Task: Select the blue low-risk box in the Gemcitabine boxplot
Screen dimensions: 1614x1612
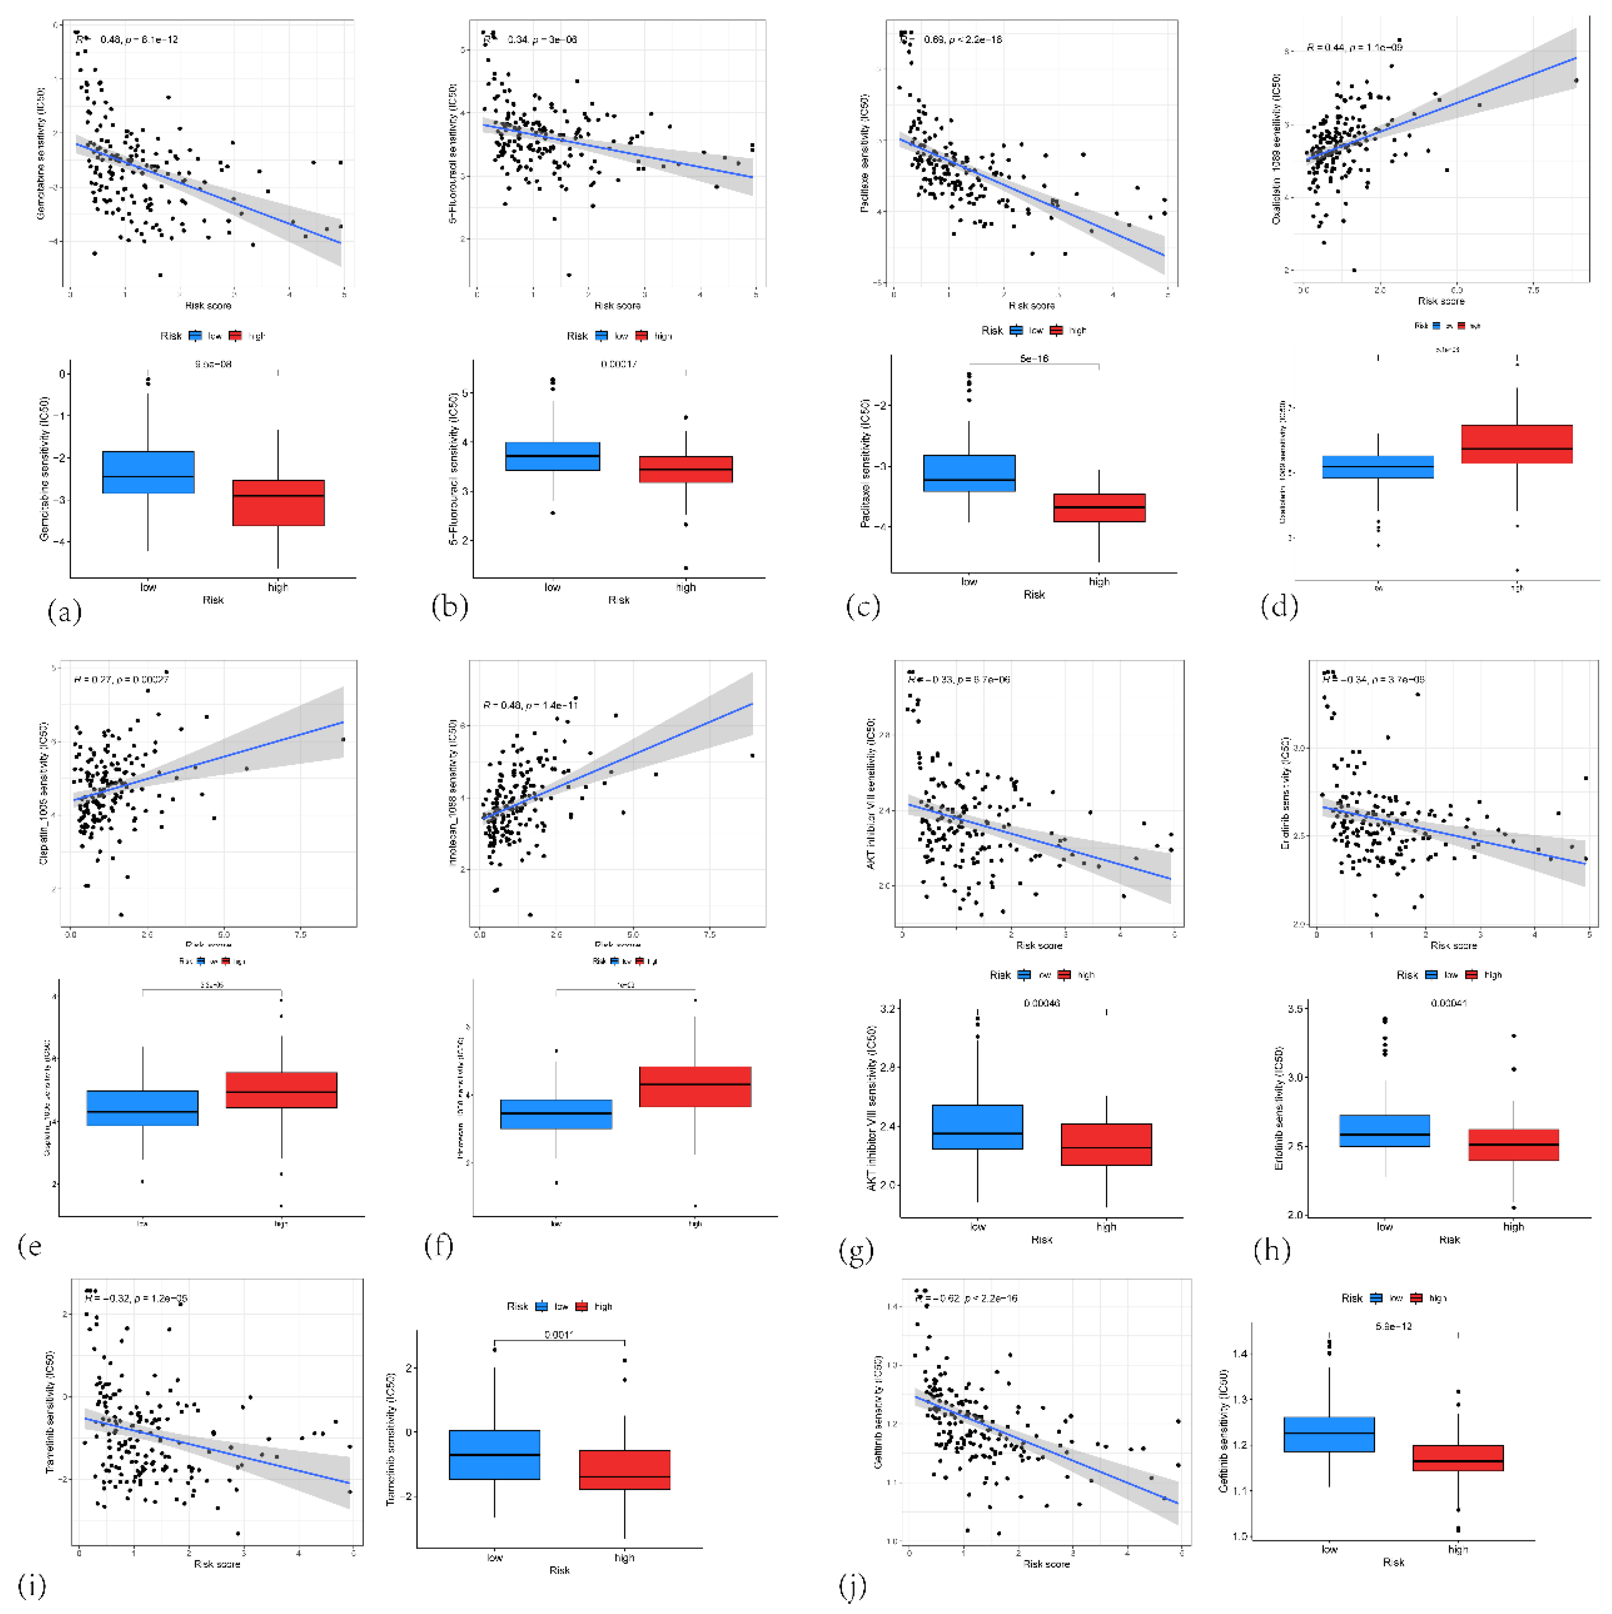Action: click(148, 472)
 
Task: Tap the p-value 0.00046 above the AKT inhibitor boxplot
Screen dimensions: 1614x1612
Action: click(1041, 1003)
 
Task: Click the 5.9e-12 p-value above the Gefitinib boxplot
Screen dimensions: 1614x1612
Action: click(1393, 1326)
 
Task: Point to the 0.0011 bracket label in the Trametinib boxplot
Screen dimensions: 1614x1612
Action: click(558, 1334)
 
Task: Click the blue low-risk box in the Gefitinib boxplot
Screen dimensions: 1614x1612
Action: click(1329, 1434)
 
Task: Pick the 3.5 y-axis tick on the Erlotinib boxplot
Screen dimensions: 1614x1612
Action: click(1296, 1009)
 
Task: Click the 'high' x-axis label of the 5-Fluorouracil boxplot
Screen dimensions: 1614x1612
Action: click(685, 587)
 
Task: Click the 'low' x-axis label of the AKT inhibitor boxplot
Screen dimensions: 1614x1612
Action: click(977, 1226)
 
